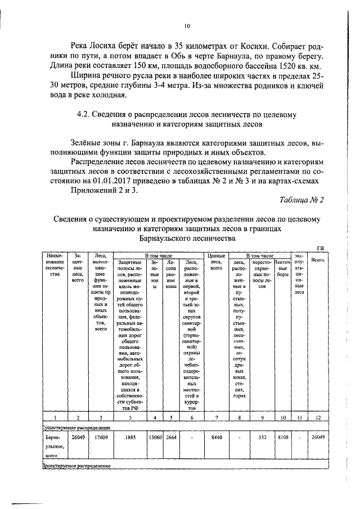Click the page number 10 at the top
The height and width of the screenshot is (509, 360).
pos(187,25)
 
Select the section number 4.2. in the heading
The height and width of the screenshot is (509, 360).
pos(87,114)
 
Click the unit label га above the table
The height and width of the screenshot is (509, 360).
pos(321,247)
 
